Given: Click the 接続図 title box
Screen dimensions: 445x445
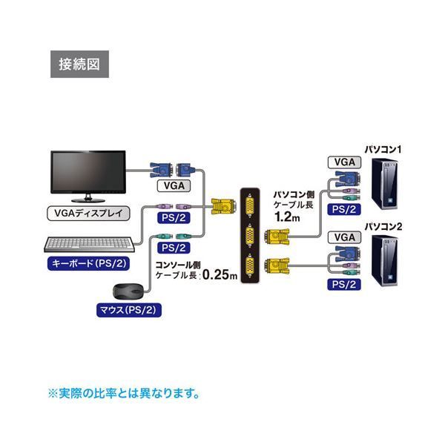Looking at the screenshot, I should point(79,63).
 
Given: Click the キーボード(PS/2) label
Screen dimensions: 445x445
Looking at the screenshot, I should point(88,263).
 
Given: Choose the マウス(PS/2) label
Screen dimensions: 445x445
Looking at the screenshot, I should point(119,310).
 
